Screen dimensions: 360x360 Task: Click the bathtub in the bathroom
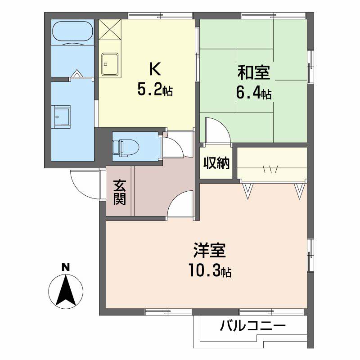click(73, 31)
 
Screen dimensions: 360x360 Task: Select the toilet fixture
click(126, 148)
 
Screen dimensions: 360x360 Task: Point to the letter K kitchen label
click(155, 69)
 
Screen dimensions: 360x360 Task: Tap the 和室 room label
click(254, 72)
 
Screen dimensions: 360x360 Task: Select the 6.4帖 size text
click(254, 93)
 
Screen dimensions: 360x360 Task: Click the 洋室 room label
click(210, 250)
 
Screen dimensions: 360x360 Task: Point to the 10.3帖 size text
click(210, 271)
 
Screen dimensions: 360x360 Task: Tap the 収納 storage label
click(216, 163)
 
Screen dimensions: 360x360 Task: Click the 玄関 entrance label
click(119, 193)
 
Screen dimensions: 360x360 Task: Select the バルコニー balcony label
click(253, 325)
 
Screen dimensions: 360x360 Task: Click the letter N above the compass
click(66, 267)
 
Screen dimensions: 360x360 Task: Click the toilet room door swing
click(179, 145)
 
